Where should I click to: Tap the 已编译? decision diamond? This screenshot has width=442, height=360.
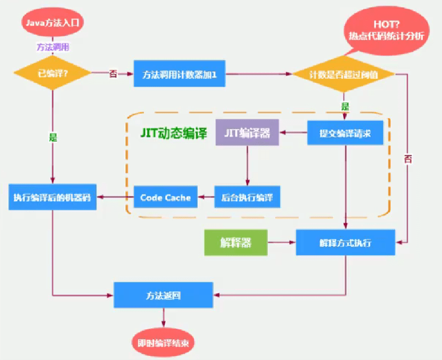[52, 74]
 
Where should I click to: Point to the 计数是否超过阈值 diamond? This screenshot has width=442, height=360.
[343, 74]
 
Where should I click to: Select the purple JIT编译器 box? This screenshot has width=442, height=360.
[247, 132]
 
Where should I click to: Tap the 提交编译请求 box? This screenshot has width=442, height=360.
[345, 133]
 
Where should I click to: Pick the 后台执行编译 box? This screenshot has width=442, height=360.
[247, 197]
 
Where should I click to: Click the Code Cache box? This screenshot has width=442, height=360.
[166, 197]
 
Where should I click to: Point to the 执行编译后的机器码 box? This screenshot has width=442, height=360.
[52, 197]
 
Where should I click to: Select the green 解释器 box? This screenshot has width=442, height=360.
[236, 243]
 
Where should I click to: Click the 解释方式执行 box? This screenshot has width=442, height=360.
[345, 243]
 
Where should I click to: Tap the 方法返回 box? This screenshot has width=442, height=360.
[163, 295]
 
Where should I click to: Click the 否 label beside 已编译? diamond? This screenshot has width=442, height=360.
[113, 74]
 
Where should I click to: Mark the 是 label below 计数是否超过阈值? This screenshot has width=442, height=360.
[345, 106]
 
